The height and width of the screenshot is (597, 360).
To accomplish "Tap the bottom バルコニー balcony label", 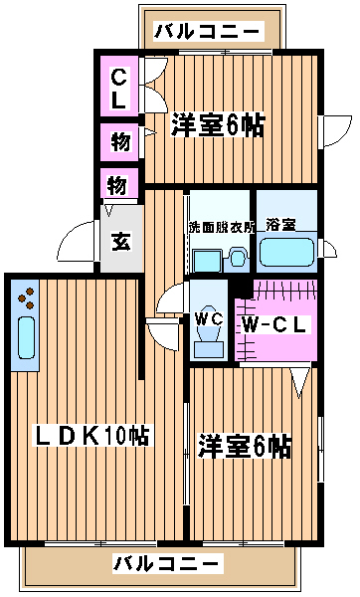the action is click(167, 564).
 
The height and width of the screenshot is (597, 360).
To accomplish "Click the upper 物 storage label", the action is click(120, 141).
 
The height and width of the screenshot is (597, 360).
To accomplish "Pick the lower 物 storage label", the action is click(116, 185).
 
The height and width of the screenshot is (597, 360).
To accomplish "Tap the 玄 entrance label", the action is click(121, 241).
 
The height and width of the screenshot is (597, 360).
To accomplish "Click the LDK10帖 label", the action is click(91, 435).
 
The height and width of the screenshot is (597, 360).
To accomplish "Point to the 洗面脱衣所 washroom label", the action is click(222, 227).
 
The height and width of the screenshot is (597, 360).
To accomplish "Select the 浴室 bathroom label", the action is click(280, 225).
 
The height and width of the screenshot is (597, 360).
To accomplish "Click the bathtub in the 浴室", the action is click(287, 252).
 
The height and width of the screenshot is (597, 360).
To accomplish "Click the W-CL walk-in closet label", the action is click(275, 325).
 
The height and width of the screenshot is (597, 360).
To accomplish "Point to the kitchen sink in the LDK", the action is click(27, 337).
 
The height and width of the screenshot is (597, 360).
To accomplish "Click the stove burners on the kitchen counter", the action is click(27, 298).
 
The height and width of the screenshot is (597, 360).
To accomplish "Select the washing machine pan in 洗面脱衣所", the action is click(208, 261).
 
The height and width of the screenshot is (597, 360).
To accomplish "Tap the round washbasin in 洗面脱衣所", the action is click(238, 258).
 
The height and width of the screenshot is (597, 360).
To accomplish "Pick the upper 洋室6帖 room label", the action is click(218, 125).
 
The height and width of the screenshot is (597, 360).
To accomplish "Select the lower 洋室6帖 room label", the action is click(244, 446).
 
